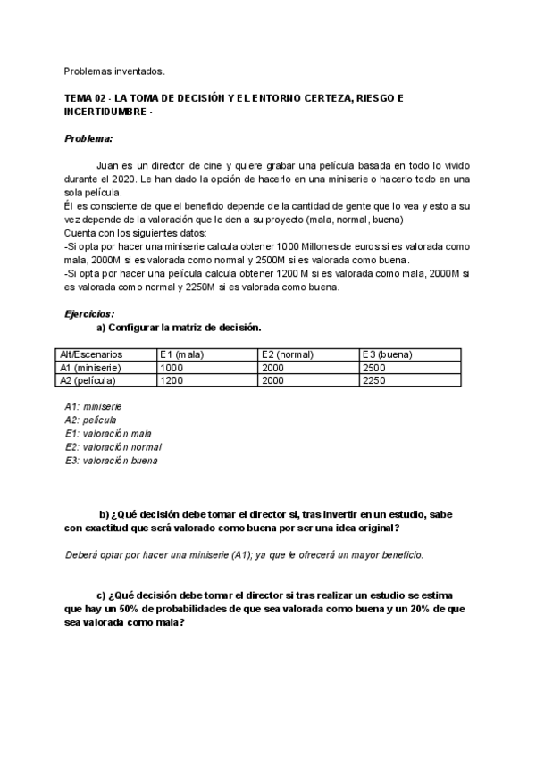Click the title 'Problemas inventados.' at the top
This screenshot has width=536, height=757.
(114, 71)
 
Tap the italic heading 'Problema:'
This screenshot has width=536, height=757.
(88, 139)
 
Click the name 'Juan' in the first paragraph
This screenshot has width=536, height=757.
(107, 166)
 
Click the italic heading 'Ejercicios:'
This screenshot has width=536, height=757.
(89, 314)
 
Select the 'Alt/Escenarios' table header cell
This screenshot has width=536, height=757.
(91, 354)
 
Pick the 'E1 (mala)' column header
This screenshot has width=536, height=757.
(182, 354)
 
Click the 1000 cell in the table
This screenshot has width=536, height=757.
(172, 367)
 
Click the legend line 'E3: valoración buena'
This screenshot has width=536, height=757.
(111, 461)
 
